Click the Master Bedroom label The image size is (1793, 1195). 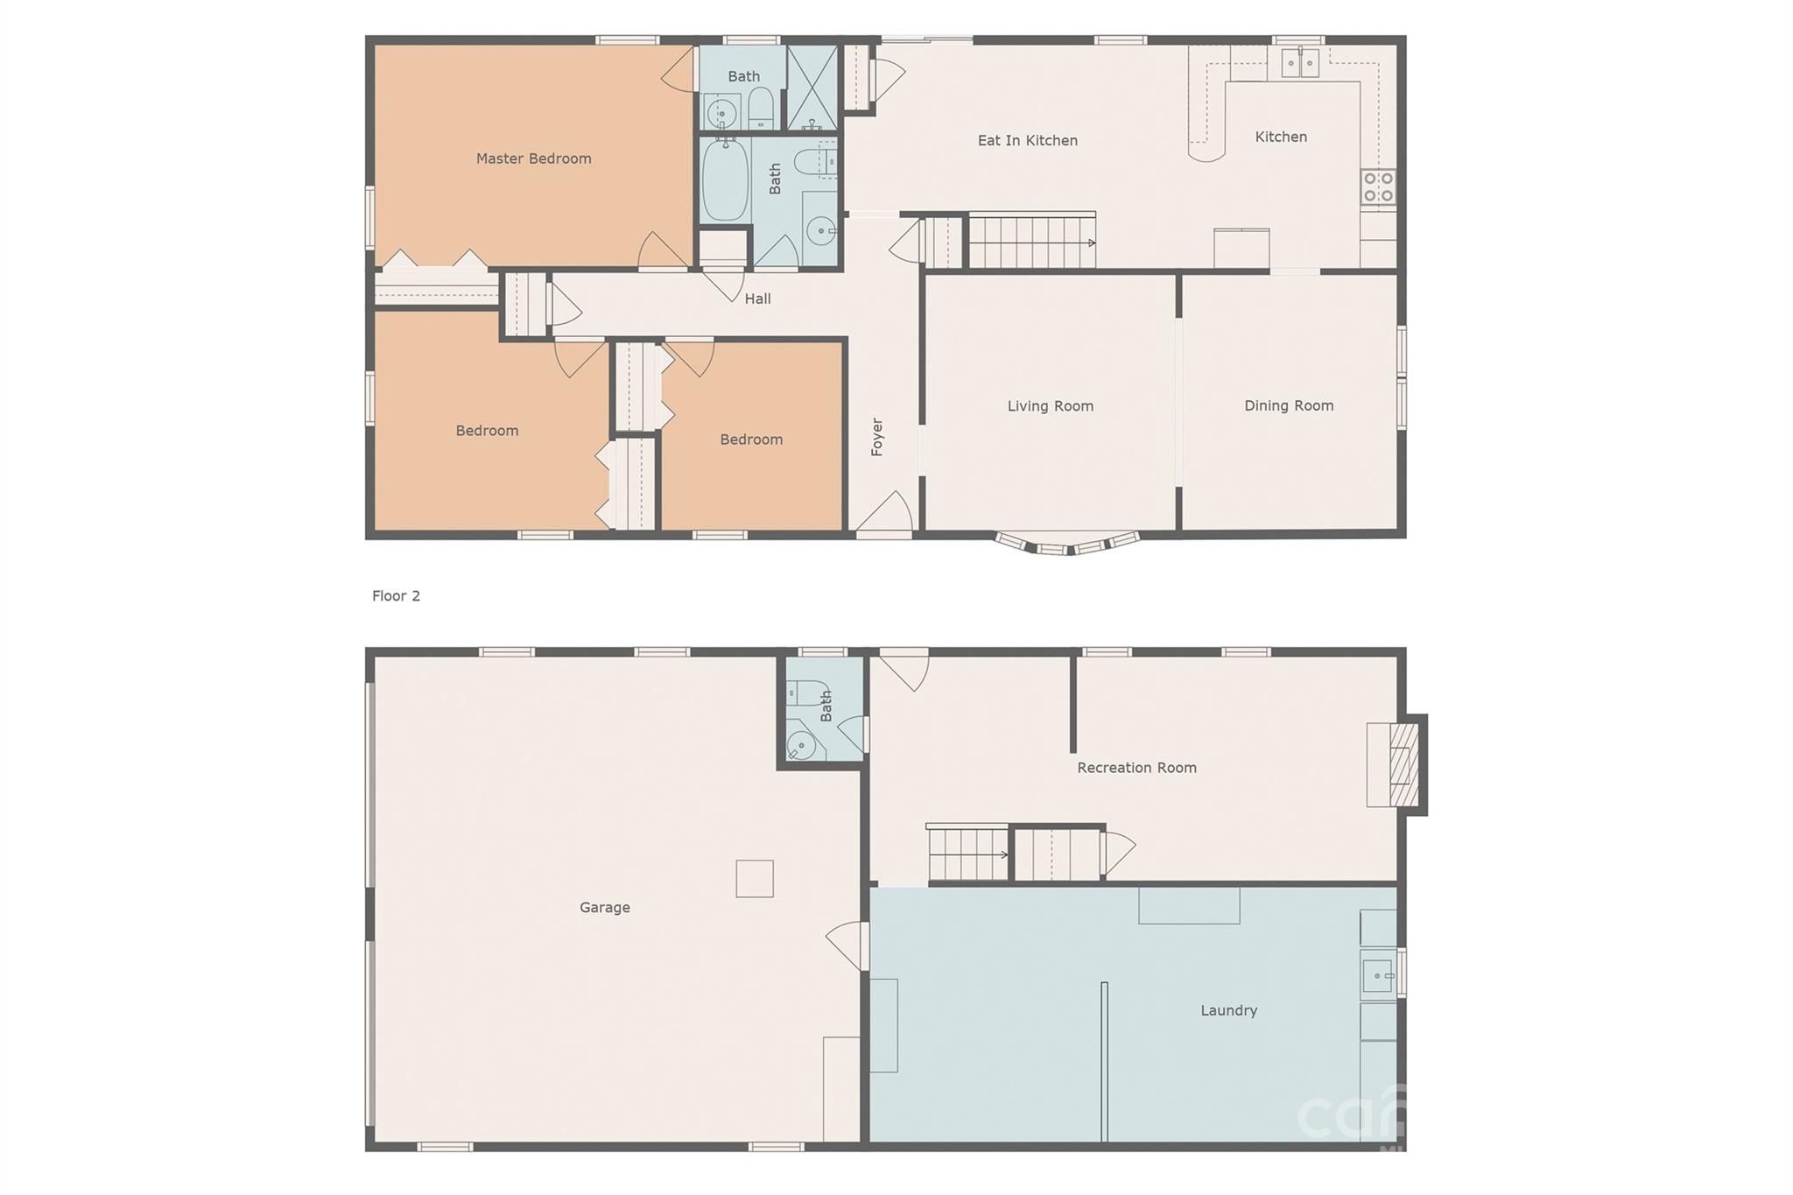click(533, 158)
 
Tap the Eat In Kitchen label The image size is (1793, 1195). click(1027, 140)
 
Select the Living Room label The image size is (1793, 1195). click(1050, 406)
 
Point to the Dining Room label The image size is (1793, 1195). click(1289, 405)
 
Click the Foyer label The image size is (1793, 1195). click(876, 437)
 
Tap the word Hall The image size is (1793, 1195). click(757, 299)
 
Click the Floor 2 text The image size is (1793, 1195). click(396, 596)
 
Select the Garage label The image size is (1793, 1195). click(604, 908)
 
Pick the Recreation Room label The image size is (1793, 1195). click(1136, 768)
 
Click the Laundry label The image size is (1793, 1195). click(1228, 1010)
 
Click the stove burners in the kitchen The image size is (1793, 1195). click(1378, 186)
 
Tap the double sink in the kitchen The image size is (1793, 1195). click(1300, 63)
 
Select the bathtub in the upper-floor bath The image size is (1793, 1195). click(725, 179)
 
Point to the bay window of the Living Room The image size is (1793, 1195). click(1067, 545)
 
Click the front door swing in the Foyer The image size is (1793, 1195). click(886, 512)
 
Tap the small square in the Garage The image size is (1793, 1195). click(754, 878)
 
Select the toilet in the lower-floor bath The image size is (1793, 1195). click(806, 693)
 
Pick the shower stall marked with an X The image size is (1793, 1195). click(812, 88)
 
